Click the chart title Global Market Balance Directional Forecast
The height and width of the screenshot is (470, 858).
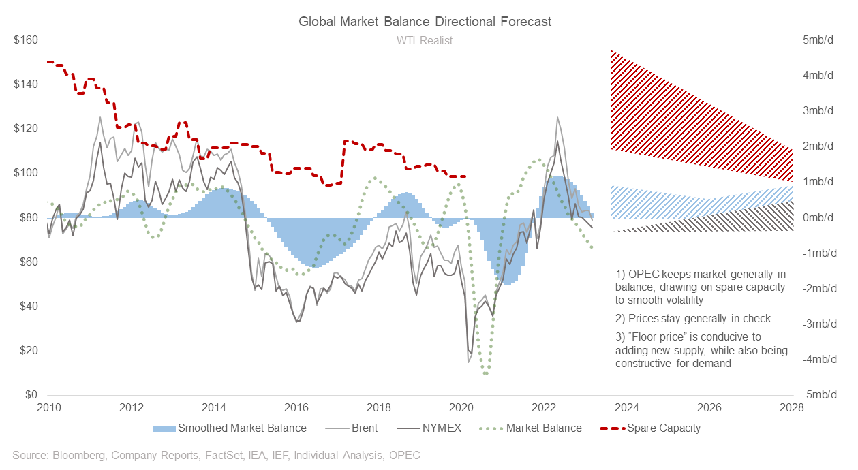point(425,22)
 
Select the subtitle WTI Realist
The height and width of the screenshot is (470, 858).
point(425,40)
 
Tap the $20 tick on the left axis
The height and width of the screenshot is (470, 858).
point(27,351)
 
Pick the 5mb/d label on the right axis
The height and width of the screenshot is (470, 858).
point(818,40)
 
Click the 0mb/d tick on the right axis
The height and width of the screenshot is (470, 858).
point(818,217)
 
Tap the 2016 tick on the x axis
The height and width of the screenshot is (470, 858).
point(296,408)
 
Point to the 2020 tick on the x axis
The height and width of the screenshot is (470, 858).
point(462,408)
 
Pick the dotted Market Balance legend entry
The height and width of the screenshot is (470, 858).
point(543,428)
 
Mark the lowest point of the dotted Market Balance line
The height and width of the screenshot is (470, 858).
point(485,373)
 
